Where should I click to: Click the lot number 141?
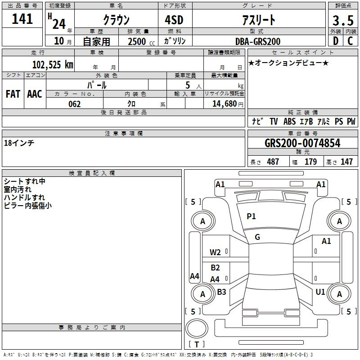click(22, 19)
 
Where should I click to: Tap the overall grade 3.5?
click(343, 21)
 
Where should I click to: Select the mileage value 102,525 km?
click(53, 65)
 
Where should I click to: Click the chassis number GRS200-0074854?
click(302, 143)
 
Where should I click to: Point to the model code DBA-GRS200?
click(258, 41)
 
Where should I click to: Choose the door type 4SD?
click(174, 20)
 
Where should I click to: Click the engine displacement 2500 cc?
click(141, 41)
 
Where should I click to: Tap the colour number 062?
click(75, 104)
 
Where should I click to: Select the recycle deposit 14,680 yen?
click(228, 104)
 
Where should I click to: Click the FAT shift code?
click(13, 94)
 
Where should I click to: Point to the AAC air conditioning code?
click(35, 94)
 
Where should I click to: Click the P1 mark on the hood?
click(251, 216)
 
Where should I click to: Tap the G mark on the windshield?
click(257, 237)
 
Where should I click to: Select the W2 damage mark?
click(215, 252)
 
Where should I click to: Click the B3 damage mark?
click(221, 292)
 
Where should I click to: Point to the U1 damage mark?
click(320, 292)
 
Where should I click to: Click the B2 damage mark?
click(216, 267)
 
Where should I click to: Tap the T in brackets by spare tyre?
click(197, 344)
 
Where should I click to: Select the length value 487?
click(273, 162)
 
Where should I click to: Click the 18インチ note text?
click(19, 143)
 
